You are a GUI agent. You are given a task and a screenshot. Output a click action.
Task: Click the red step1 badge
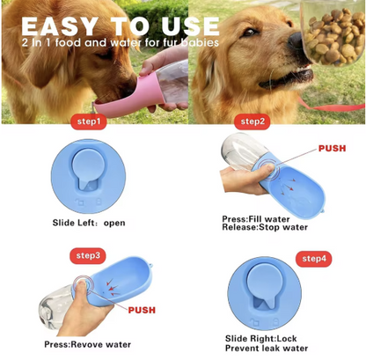tap(89, 121)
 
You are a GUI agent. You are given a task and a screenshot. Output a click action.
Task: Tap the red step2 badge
tap(253, 121)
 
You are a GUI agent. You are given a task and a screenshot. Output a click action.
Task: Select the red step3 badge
tap(88, 255)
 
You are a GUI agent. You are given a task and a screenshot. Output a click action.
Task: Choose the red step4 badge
tap(314, 259)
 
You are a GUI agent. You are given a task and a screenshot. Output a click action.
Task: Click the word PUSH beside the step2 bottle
tap(333, 149)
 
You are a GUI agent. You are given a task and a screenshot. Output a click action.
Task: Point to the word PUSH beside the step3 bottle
tap(142, 310)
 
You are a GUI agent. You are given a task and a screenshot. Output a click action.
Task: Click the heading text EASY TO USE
tap(121, 26)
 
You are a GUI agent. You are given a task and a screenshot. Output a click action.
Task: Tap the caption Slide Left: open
tap(89, 223)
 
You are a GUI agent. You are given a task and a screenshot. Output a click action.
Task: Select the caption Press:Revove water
tap(88, 344)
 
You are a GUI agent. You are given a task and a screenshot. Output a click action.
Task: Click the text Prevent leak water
tap(267, 349)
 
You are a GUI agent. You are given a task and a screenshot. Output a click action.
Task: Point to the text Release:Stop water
tap(265, 227)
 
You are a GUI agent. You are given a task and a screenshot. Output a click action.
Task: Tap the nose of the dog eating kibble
tap(295, 40)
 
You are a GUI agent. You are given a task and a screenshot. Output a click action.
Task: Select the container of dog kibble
tap(333, 33)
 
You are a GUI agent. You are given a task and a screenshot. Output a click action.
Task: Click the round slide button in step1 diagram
tap(88, 168)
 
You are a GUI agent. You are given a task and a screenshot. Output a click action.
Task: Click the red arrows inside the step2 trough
tap(287, 186)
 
